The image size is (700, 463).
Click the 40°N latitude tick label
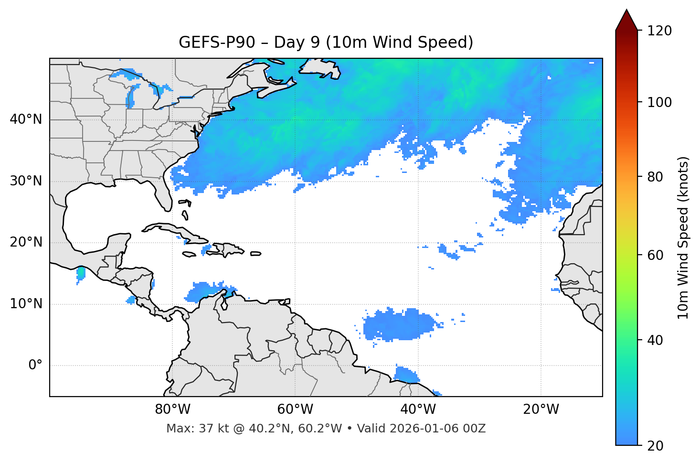tap(26, 119)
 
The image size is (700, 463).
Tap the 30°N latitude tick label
tap(26, 181)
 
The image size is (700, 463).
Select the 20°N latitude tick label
tap(26, 242)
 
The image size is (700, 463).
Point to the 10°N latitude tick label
tap(26, 304)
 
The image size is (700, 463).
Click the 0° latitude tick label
tap(35, 366)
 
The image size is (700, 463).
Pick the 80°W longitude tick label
tap(172, 409)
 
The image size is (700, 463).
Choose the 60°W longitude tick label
tap(295, 409)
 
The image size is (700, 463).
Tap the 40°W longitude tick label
tap(418, 409)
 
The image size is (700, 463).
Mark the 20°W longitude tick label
tap(541, 409)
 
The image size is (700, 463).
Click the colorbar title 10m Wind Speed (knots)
tap(684, 237)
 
